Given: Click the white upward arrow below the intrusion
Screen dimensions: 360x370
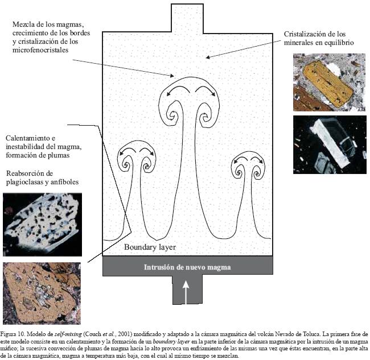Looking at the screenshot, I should pyautogui.click(x=186, y=290).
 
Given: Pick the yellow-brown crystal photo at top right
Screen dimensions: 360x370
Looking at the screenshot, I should pyautogui.click(x=328, y=82).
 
